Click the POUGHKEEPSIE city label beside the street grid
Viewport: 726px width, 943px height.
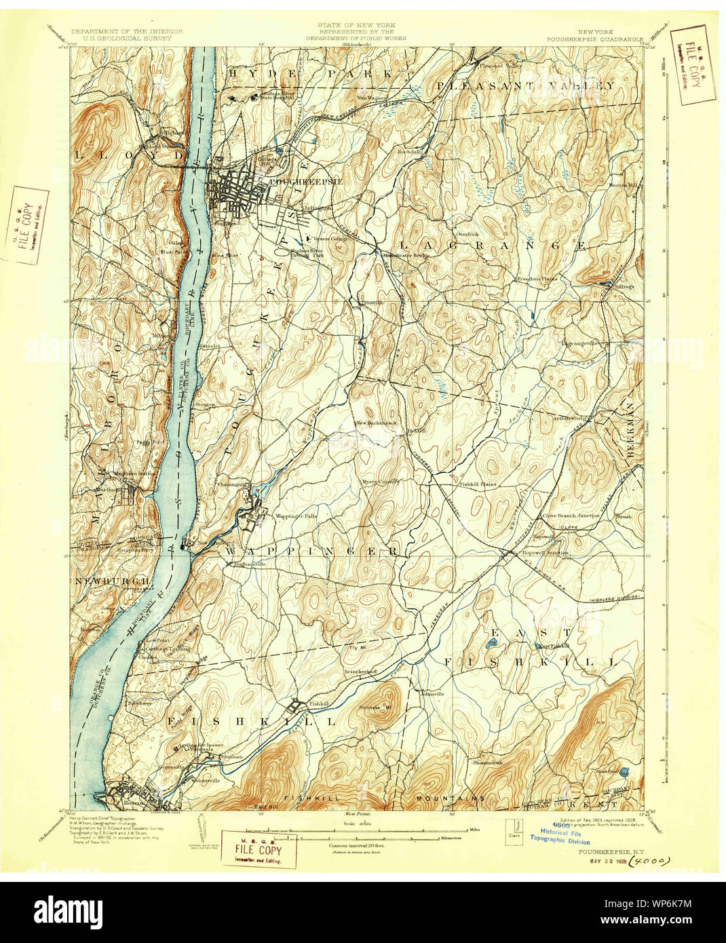coord(296,182)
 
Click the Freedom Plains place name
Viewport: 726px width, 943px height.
coord(538,279)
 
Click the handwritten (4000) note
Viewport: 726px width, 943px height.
coord(649,862)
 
